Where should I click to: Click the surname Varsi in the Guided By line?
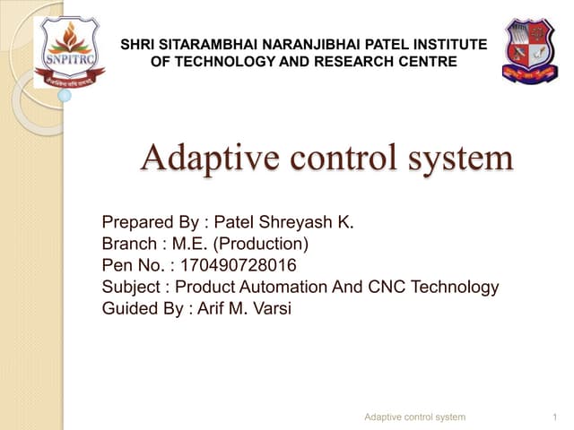click(274, 310)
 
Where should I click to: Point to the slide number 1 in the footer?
click(557, 417)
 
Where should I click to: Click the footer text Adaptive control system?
click(415, 417)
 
